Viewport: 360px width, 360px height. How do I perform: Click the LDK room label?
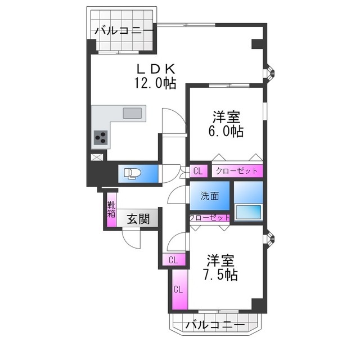tap(155, 69)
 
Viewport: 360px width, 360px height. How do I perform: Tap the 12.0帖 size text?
tap(155, 83)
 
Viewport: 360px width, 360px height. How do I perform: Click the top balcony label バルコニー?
tap(123, 30)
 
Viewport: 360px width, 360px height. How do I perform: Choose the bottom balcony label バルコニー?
tap(214, 325)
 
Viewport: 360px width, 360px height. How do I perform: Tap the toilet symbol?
tap(134, 173)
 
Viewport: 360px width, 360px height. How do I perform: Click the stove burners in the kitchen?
tap(102, 137)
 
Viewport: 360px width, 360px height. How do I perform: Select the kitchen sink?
tap(132, 112)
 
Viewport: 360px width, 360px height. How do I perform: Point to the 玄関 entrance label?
tap(138, 219)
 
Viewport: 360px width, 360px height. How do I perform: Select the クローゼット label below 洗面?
tap(209, 218)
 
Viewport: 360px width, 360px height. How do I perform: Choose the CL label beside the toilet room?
tap(198, 170)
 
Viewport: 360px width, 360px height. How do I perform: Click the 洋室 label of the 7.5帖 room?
tap(220, 260)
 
